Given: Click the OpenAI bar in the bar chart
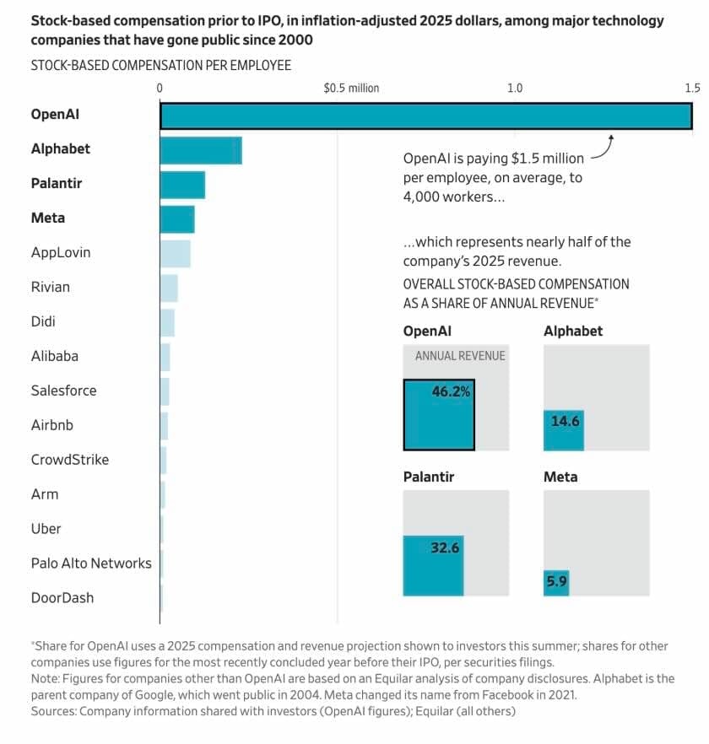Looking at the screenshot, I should pos(426,115).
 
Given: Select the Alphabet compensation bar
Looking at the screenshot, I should pos(201,150).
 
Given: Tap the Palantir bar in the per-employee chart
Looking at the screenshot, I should pos(182,185).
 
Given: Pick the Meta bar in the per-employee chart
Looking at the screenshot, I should pos(177,219).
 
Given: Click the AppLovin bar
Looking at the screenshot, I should pos(176,253).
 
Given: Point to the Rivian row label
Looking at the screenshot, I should pos(51,287).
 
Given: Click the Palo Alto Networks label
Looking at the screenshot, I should pos(91,563).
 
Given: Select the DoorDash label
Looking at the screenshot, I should pos(62,598).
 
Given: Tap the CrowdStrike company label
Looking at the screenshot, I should pos(70,460).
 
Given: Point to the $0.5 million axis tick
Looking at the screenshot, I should pos(351,89).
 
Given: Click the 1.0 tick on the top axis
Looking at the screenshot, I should pos(514,89).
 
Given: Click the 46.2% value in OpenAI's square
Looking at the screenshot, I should pos(451,391).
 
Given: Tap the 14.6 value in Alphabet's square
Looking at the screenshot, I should pos(566,421).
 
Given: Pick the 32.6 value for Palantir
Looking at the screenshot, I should pos(445,547).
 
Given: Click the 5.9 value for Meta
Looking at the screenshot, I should pos(555,580).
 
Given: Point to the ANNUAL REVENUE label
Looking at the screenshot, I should pos(460,356).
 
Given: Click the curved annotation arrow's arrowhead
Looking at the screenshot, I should pos(610,136).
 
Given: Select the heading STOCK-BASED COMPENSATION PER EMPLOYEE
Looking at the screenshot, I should pos(161,65).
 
